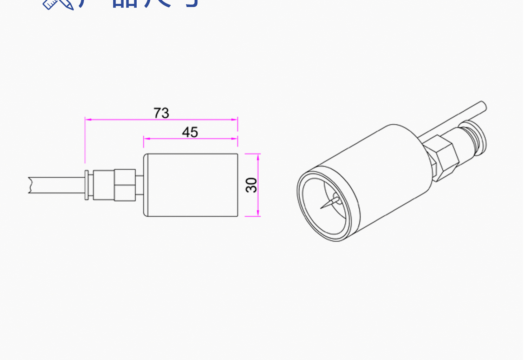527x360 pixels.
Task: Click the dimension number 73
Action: (x=161, y=113)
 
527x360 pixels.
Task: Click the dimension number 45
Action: (x=190, y=132)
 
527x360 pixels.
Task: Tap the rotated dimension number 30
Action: (x=252, y=185)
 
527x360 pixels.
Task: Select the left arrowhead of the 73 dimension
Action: (x=88, y=119)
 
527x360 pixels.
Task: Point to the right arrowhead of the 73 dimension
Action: (x=234, y=119)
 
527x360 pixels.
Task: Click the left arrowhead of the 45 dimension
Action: (x=147, y=138)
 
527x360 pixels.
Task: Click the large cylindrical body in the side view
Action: (x=191, y=185)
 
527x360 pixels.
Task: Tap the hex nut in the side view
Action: (x=125, y=185)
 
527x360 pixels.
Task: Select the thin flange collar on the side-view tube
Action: (x=87, y=185)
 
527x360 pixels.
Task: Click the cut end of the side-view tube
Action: (x=30, y=185)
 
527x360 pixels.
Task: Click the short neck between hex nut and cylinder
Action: (x=139, y=185)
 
